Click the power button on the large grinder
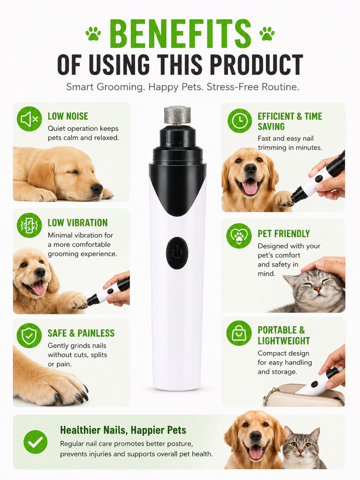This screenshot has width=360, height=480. (x=177, y=253)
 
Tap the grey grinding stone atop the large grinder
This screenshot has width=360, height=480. (x=177, y=115)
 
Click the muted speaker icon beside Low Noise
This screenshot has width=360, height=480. (x=29, y=119)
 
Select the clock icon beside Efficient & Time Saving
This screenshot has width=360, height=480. (x=240, y=121)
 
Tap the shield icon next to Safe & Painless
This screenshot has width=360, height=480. (x=29, y=336)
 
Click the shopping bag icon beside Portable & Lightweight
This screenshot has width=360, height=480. (x=239, y=333)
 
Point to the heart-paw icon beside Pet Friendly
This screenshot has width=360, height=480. (x=239, y=236)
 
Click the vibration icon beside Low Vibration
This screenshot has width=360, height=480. (x=29, y=225)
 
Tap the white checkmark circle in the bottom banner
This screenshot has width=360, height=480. (x=36, y=442)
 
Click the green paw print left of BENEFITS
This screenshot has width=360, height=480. (x=93, y=34)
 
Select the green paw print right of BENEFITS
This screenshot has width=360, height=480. (x=267, y=34)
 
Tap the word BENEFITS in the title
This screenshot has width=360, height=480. (x=180, y=34)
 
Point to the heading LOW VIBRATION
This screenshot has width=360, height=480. (x=78, y=223)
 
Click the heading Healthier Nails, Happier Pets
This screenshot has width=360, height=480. (x=123, y=430)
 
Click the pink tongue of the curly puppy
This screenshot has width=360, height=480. (x=39, y=289)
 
